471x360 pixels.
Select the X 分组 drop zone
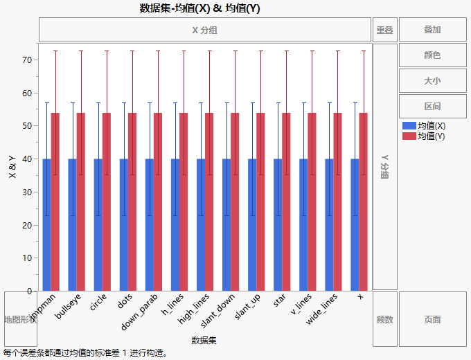coord(205,30)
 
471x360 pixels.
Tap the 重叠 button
coord(384,30)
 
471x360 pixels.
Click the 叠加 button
coord(432,30)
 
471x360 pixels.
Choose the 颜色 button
coord(432,55)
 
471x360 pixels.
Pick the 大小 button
coord(432,81)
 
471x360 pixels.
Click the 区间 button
coord(432,107)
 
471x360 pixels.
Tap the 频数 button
coord(384,319)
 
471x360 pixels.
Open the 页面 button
coord(432,319)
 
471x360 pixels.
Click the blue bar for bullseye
coord(72,225)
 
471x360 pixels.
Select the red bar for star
coord(286,201)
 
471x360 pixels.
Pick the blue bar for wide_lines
coord(329,225)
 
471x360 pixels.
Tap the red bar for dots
coord(132,201)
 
